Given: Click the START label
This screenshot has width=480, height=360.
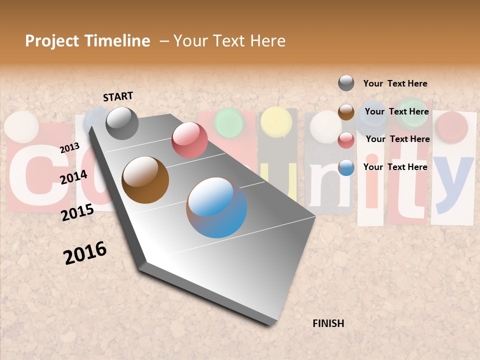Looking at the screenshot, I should [118, 96].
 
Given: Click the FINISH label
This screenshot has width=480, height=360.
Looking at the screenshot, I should [328, 323].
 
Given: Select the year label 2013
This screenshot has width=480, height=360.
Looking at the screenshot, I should [69, 147].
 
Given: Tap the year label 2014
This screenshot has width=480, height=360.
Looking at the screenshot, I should [73, 177].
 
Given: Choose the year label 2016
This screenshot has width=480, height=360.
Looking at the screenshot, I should [85, 253].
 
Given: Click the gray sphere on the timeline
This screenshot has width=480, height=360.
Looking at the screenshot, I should [122, 123].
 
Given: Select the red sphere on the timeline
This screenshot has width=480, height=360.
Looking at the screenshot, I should [189, 140].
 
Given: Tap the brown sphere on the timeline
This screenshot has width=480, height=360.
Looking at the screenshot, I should [145, 180].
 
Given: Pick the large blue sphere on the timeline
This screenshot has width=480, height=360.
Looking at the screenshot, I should [216, 207].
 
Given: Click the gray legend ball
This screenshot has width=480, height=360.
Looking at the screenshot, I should [346, 83].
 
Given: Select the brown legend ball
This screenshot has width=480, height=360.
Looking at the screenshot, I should [346, 111].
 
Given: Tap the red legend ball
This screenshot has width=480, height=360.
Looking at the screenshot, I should [346, 140].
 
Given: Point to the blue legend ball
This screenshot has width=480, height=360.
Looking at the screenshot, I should [346, 167].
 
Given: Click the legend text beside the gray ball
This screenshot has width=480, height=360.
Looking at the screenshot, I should [395, 83].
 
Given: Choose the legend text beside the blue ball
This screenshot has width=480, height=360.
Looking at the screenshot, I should [395, 167].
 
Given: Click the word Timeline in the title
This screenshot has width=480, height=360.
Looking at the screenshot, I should [117, 41].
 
